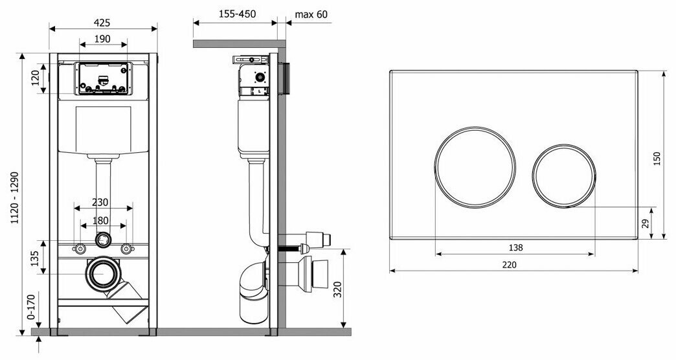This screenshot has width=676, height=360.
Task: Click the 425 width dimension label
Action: [x=102, y=23]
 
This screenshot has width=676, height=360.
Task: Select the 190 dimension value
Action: [x=102, y=39]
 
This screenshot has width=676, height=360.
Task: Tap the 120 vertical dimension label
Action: [x=36, y=78]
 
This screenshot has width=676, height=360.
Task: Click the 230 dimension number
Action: [x=100, y=202]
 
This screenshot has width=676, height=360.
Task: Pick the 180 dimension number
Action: [x=100, y=221]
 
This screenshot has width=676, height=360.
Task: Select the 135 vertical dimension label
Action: [x=36, y=258]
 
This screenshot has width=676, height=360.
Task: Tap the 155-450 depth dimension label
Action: [x=237, y=14]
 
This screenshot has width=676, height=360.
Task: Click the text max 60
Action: [x=311, y=14]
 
